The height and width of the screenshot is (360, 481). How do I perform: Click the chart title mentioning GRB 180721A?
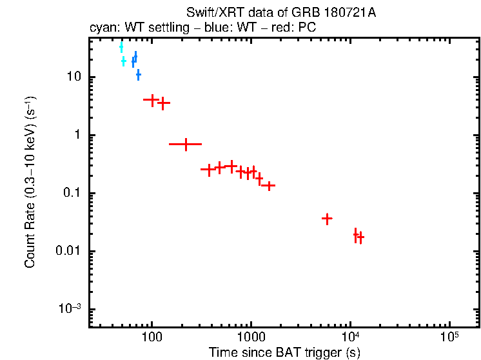[280, 13]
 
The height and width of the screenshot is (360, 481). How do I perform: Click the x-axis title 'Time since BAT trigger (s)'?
[284, 352]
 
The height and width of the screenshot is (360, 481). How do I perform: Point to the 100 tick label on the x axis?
[152, 337]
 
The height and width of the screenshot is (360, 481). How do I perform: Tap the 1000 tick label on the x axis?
[251, 337]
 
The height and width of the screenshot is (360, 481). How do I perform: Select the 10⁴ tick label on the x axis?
[350, 337]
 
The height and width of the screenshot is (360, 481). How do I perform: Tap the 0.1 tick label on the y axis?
[70, 194]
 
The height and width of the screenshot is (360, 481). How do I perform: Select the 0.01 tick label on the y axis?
[68, 252]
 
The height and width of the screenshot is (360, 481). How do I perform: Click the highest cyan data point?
[121, 47]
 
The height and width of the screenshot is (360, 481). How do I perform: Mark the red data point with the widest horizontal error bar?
[186, 144]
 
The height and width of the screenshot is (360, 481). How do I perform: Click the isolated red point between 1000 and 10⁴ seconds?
[327, 219]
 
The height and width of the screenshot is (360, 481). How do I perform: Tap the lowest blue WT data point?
[138, 75]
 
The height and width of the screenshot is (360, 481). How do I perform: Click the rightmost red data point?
[360, 237]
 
